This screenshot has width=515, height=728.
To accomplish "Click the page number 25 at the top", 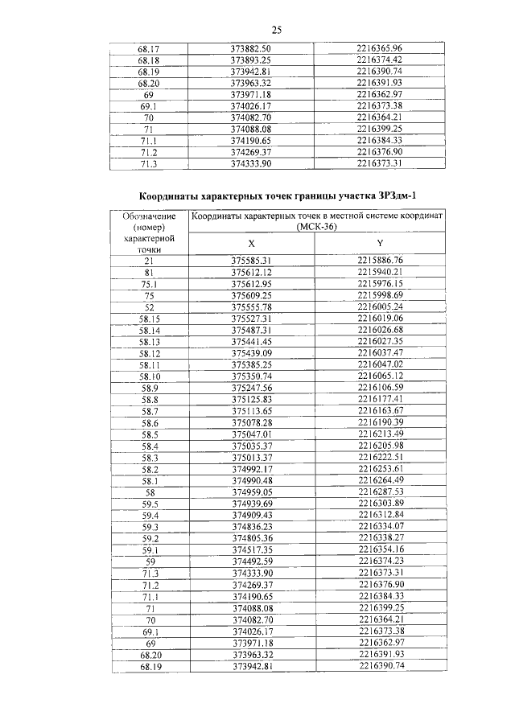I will click(275, 31).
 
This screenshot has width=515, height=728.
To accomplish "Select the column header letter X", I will click(251, 244).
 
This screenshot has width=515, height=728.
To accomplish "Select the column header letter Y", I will click(380, 244).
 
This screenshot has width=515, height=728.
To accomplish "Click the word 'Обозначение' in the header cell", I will click(149, 216).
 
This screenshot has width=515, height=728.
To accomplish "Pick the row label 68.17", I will click(148, 48).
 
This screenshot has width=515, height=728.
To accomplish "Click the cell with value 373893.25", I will click(251, 60).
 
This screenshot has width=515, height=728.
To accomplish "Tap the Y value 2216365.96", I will click(379, 48).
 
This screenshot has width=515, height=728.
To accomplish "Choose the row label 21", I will click(149, 261).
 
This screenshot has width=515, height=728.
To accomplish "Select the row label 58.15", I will click(150, 319).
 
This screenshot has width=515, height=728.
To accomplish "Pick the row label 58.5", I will click(150, 434).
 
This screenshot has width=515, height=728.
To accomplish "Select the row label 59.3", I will click(150, 527).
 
